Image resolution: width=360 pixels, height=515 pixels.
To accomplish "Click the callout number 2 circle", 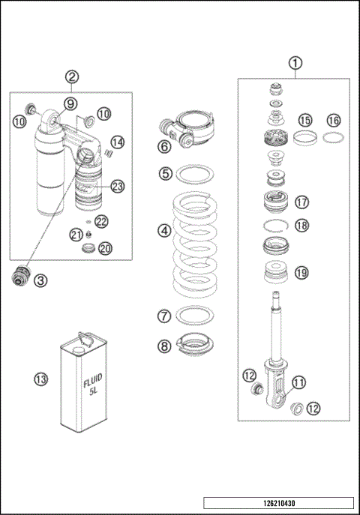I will click(71, 77).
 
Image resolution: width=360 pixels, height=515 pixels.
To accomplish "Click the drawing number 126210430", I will click(278, 502).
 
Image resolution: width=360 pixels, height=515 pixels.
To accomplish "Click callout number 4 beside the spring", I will click(164, 231).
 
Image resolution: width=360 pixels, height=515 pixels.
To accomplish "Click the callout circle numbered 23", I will click(118, 186).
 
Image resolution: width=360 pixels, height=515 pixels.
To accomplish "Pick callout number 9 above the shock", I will click(69, 103).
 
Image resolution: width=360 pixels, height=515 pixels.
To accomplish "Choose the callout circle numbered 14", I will click(117, 142).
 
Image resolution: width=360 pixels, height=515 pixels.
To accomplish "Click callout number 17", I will click(302, 202).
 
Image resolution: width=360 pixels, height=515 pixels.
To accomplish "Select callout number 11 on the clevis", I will click(298, 382).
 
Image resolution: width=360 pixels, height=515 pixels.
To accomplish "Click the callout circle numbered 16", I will click(333, 120).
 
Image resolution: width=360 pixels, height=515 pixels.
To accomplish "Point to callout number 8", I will click(164, 346).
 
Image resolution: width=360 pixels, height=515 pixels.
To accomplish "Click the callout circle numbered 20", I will click(106, 248).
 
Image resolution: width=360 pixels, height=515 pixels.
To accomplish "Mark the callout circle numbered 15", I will click(305, 120).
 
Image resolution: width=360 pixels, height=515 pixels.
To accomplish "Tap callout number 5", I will click(164, 173).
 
